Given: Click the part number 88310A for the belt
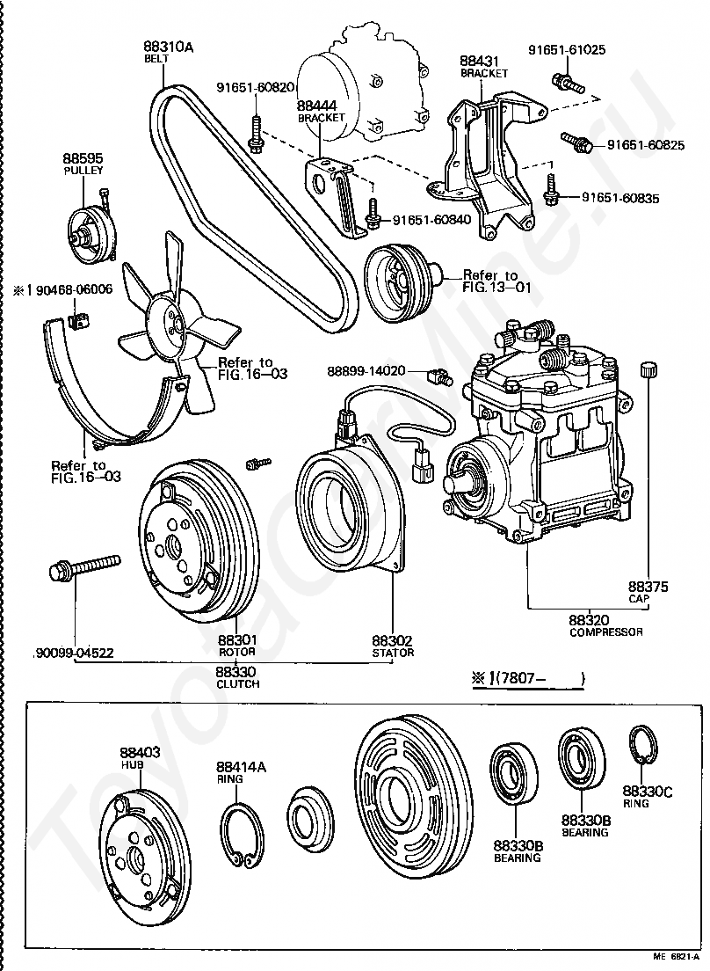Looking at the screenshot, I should click(x=168, y=47).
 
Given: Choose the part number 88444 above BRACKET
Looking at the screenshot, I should click(x=317, y=106).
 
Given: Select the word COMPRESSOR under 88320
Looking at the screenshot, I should click(x=605, y=632).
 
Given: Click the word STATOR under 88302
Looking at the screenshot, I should click(x=393, y=653).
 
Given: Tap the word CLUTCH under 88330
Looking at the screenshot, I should click(x=237, y=683).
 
